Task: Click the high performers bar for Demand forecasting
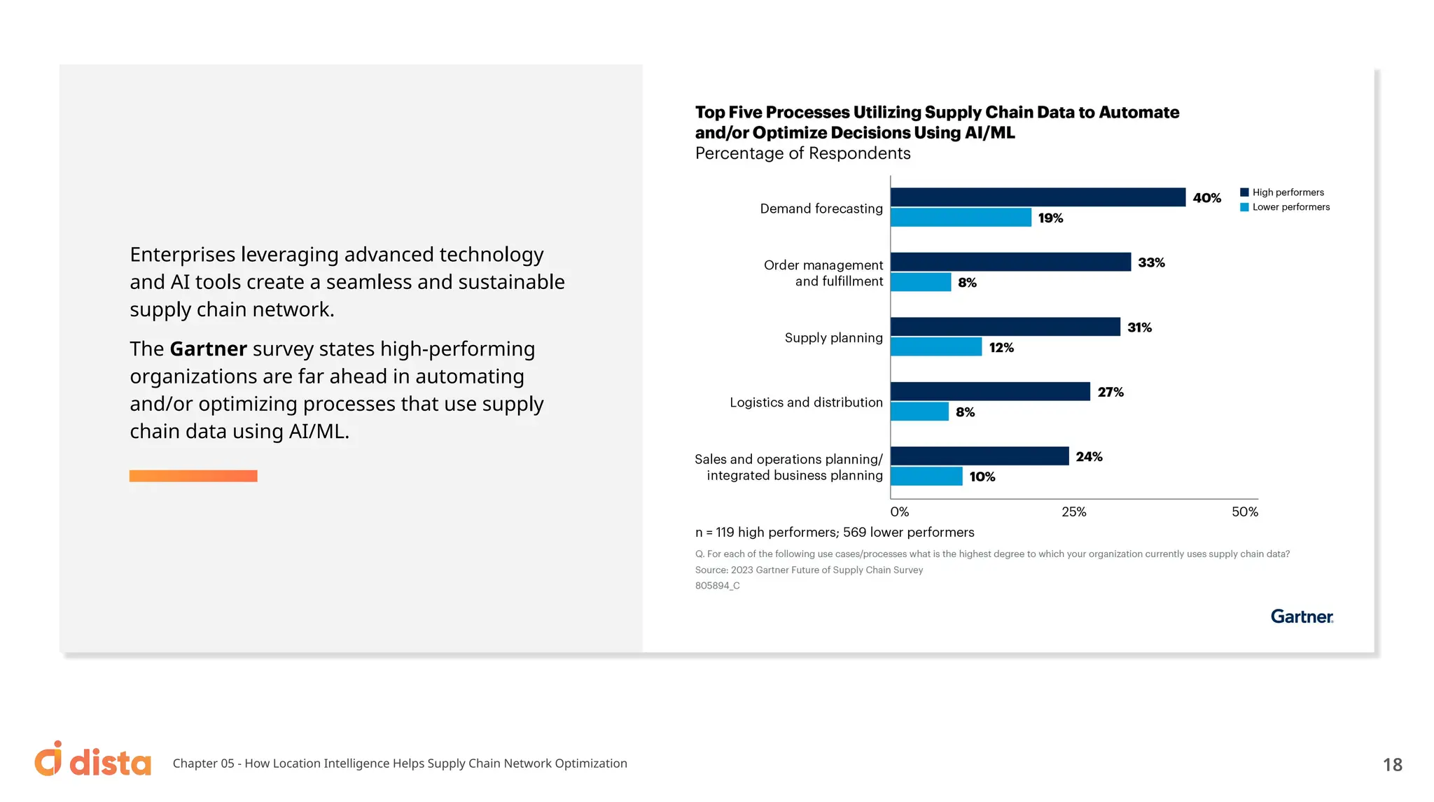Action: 1038,197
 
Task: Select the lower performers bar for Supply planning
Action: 936,347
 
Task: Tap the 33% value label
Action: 1151,262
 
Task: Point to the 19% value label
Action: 1050,218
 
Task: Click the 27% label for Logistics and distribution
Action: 1111,392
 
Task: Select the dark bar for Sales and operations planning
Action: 980,456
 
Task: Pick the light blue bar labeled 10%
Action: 926,477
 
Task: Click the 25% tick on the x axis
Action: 1073,512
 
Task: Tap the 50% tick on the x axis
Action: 1244,512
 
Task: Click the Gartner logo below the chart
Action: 1302,617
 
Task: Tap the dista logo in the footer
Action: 93,761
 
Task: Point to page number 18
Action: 1392,764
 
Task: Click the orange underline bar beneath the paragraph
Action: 193,476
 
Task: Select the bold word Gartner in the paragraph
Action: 208,349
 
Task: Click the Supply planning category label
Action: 833,338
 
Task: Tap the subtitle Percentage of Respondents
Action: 802,153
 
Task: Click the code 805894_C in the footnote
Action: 717,586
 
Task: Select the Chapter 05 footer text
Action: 400,764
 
